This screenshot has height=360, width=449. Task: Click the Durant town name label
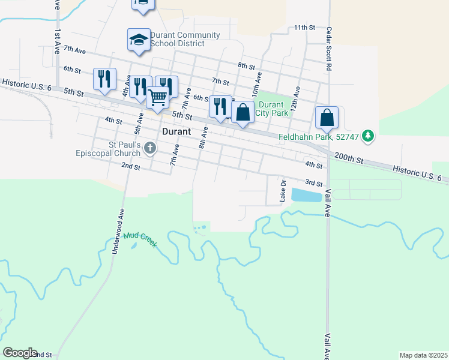pyautogui.click(x=176, y=131)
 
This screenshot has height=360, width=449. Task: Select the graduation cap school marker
pyautogui.click(x=139, y=40)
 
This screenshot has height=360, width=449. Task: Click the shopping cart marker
pyautogui.click(x=158, y=97)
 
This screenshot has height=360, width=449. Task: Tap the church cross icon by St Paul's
pyautogui.click(x=151, y=148)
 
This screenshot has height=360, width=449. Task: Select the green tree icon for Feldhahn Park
pyautogui.click(x=369, y=137)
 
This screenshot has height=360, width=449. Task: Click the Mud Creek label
pyautogui.click(x=140, y=240)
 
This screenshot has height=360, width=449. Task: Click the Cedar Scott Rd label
pyautogui.click(x=329, y=49)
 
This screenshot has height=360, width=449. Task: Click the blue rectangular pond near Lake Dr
pyautogui.click(x=306, y=194)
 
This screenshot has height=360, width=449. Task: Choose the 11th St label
pyautogui.click(x=304, y=28)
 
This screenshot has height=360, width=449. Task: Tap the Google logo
pyautogui.click(x=20, y=353)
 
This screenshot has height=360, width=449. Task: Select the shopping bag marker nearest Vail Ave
pyautogui.click(x=327, y=118)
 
